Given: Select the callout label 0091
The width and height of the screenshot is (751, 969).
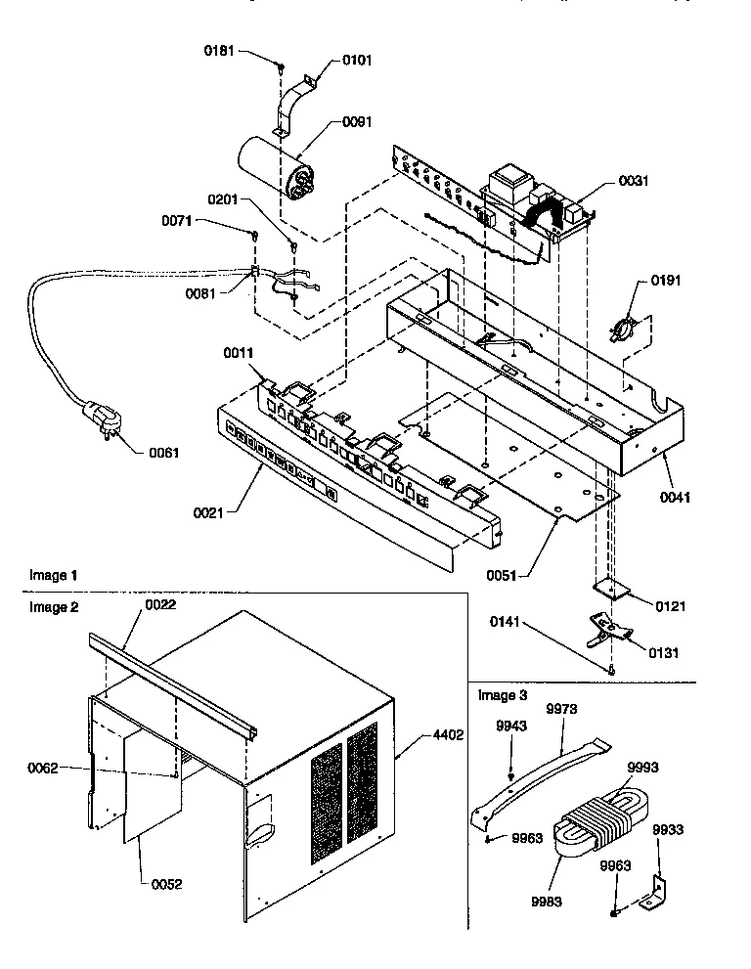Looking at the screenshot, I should click(x=357, y=123).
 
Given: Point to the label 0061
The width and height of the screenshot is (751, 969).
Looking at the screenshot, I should click(x=164, y=453).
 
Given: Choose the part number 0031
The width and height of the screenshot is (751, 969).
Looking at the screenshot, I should click(x=634, y=181).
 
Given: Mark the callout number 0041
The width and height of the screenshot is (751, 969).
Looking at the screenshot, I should click(x=675, y=497).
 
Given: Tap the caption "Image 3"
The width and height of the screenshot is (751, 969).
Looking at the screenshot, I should click(x=502, y=696).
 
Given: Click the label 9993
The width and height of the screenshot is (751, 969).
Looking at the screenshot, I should click(x=641, y=767).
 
